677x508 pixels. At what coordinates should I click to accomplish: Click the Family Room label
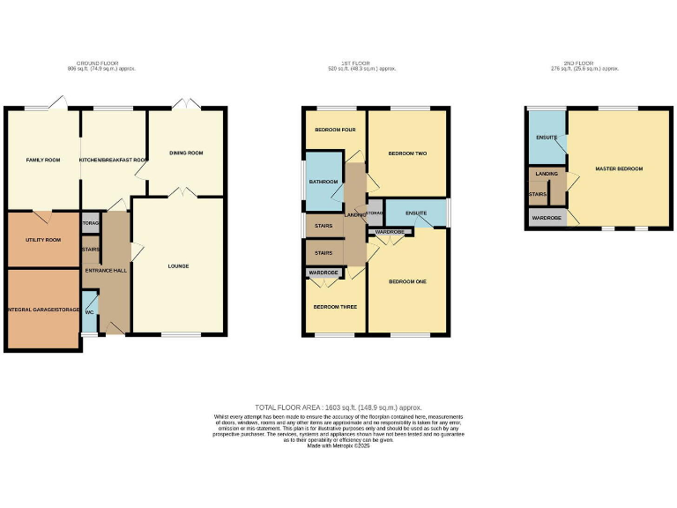pos(42,160)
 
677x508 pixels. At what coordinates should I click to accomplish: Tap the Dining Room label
pos(186,153)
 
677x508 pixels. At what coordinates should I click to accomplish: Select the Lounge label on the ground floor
pos(179,265)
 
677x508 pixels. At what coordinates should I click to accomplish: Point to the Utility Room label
pos(42,239)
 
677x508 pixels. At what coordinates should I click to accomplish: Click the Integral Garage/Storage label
pos(43,310)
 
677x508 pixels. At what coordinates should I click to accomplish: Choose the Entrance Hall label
pos(106,270)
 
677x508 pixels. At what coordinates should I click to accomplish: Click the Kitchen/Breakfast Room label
pos(113,160)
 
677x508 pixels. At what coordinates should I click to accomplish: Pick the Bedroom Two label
pos(407,153)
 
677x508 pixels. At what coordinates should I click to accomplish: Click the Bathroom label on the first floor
pos(324,182)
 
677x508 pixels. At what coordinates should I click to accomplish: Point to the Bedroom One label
pos(407,281)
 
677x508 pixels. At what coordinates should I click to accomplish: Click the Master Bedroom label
pos(619,168)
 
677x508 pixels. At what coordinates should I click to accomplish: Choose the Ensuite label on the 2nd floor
pos(547,137)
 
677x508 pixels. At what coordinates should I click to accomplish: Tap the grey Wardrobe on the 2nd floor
pos(547,217)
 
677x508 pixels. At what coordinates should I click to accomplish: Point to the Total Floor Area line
pos(338,407)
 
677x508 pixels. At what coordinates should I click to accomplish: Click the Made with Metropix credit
pos(338,446)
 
